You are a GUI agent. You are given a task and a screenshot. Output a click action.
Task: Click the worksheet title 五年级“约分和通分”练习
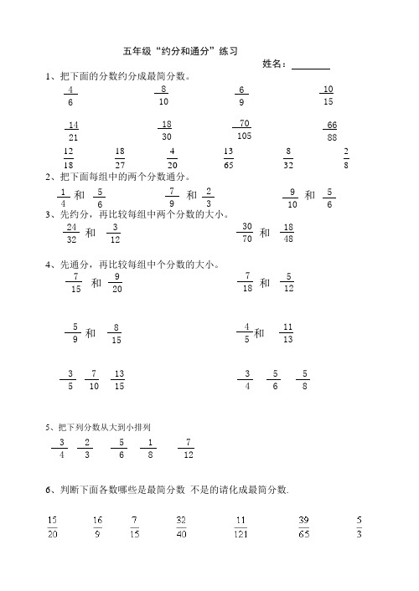181,52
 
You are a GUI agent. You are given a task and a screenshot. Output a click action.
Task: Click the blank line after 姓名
311,64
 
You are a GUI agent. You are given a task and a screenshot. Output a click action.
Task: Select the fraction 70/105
244,130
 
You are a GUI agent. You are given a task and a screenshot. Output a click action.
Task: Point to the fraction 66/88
332,131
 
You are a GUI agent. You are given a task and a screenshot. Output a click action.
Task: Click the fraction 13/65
228,158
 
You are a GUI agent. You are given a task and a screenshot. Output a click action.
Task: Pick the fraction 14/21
74,131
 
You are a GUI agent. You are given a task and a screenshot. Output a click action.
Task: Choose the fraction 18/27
120,158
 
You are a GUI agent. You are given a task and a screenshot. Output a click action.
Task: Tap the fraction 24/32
71,233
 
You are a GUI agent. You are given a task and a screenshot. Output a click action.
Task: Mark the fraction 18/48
287,233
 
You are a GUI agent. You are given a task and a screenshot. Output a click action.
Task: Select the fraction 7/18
247,282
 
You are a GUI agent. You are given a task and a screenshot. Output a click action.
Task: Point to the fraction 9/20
117,282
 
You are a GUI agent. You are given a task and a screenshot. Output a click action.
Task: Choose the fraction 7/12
189,448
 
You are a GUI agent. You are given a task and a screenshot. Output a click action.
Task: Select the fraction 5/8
306,380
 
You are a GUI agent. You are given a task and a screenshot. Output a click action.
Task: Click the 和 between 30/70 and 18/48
265,234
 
